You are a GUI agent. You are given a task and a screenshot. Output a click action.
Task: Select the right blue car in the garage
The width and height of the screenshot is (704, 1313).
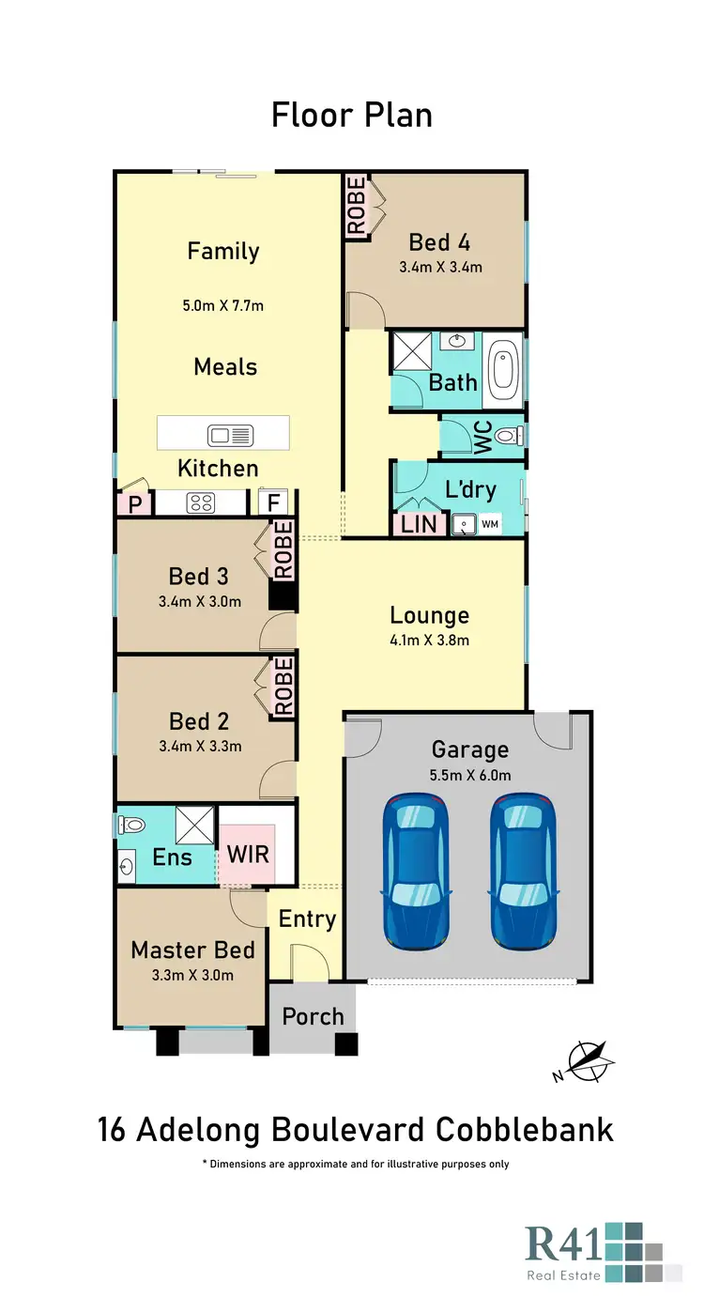coord(522,871)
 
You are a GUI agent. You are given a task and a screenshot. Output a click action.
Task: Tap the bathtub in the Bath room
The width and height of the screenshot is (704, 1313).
coord(505,370)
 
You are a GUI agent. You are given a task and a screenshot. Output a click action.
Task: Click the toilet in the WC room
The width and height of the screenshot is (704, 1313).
coord(508,436)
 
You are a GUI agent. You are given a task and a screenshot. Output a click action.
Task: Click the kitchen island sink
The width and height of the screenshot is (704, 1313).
coord(231,435)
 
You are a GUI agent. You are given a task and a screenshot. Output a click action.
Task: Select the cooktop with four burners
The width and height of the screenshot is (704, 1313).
coord(201,502)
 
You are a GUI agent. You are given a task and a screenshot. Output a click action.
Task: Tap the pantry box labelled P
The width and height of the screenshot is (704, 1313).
coord(135,504)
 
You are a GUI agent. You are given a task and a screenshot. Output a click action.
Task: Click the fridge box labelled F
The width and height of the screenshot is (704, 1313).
coord(274,503)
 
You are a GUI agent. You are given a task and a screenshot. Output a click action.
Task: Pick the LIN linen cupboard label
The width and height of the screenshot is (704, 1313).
coord(419,524)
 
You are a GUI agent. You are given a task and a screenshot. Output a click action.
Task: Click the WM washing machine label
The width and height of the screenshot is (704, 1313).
coord(489,524)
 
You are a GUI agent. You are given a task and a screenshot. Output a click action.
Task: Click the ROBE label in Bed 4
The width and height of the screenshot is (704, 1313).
coord(357,206)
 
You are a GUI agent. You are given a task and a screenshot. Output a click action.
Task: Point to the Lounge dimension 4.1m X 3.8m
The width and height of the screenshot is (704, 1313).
coord(430,641)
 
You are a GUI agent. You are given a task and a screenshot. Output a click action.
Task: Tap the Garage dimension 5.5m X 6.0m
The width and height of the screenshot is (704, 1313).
coord(469,775)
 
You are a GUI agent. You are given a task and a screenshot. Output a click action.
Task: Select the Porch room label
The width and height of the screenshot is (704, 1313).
coord(313,1016)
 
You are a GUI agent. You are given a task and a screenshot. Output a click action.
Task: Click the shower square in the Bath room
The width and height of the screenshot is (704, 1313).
coord(409,351)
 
